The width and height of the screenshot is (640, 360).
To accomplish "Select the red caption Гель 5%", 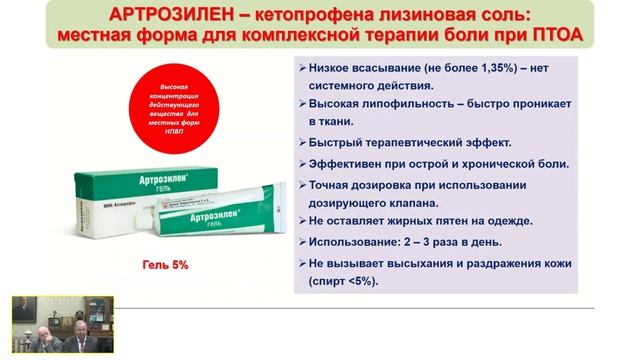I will [164, 266].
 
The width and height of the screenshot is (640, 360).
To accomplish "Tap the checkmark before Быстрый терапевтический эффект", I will [303, 142].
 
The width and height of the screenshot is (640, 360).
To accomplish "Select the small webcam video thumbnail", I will [62, 324].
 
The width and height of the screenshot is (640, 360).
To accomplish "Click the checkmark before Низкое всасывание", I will [303, 66].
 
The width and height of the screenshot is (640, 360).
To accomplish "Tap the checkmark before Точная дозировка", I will [303, 185].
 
